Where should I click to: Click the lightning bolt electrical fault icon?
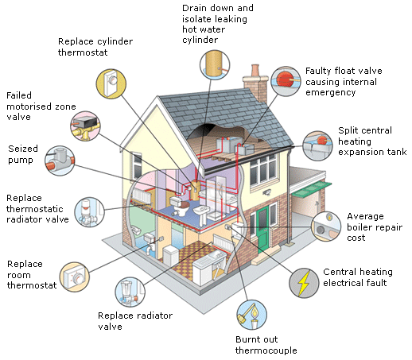tap(304, 283)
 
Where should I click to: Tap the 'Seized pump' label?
tap(23, 154)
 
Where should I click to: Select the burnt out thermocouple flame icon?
tap(251, 315)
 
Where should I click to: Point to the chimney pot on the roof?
tap(255, 70)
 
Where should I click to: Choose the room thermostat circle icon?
tap(75, 277)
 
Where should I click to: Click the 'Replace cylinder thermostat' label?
tap(95, 47)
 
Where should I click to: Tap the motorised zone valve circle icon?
tap(85, 126)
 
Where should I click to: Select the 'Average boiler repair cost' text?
tap(375, 227)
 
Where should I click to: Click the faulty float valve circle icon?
tap(286, 81)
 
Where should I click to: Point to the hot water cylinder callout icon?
tap(215, 65)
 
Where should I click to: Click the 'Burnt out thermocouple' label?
tap(266, 345)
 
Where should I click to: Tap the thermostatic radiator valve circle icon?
tap(89, 212)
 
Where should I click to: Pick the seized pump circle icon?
tap(60, 161)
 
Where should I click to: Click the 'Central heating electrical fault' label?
tap(358, 277)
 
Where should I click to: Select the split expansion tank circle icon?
tap(317, 146)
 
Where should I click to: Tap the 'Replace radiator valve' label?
tap(135, 321)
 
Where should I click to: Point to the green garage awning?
tap(312, 190)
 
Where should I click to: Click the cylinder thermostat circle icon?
tap(111, 84)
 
